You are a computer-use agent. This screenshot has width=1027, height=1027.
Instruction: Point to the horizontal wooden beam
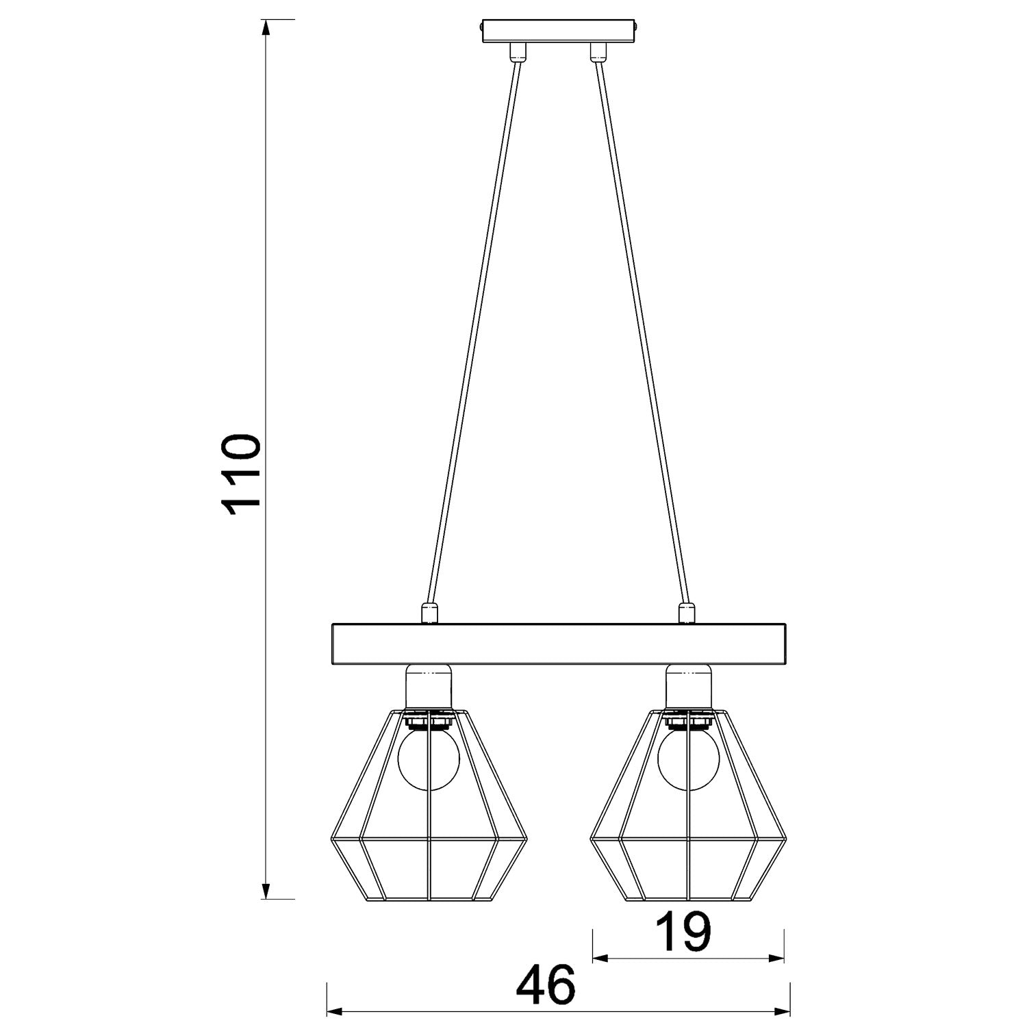pos(559,644)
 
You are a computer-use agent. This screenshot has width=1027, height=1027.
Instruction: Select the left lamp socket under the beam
pos(428,687)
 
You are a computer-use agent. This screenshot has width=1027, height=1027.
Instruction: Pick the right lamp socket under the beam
pos(688,687)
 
